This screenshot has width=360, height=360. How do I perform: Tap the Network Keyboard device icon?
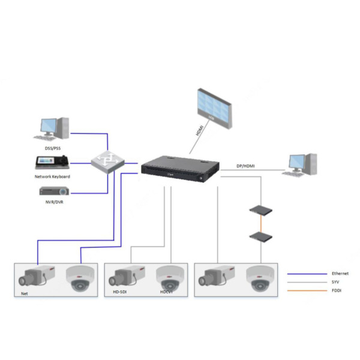pyautogui.click(x=53, y=162)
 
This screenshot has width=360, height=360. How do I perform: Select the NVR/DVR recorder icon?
pyautogui.click(x=55, y=191)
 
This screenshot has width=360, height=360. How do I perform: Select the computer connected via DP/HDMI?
pyautogui.click(x=302, y=167)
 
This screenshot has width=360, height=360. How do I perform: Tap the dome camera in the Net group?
pyautogui.click(x=79, y=278)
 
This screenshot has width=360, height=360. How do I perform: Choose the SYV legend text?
pyautogui.click(x=336, y=282)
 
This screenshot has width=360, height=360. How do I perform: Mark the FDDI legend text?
pyautogui.click(x=337, y=291)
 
